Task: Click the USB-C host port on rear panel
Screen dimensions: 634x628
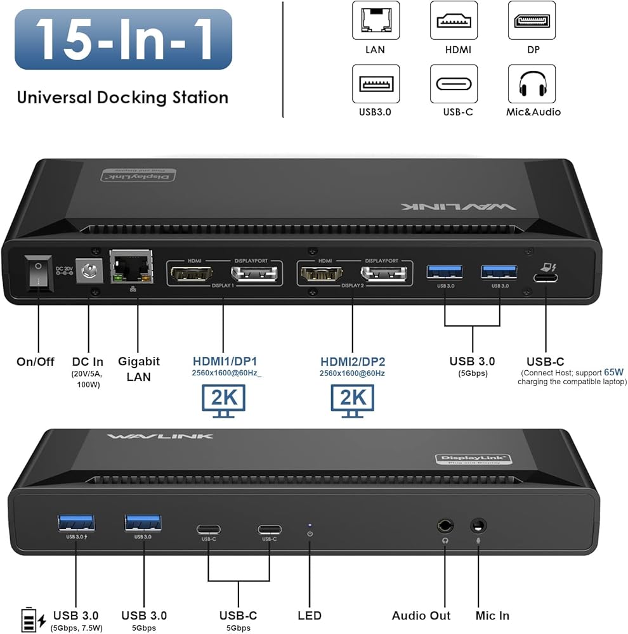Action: pyautogui.click(x=545, y=276)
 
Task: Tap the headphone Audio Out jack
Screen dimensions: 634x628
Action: pyautogui.click(x=445, y=526)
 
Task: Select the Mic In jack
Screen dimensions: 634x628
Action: pyautogui.click(x=478, y=526)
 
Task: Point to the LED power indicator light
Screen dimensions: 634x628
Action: pyautogui.click(x=310, y=525)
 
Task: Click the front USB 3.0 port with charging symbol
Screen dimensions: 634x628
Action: pyautogui.click(x=77, y=522)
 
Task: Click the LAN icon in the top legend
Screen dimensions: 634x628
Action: pyautogui.click(x=376, y=20)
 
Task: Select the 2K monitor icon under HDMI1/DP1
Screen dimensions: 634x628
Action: pyautogui.click(x=223, y=400)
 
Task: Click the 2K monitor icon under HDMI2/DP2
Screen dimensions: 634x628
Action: pyautogui.click(x=352, y=400)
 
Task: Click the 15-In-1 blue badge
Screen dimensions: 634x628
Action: pyautogui.click(x=123, y=39)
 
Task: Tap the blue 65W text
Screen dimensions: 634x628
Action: pyautogui.click(x=614, y=372)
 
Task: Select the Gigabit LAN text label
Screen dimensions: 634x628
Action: pyautogui.click(x=139, y=369)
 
